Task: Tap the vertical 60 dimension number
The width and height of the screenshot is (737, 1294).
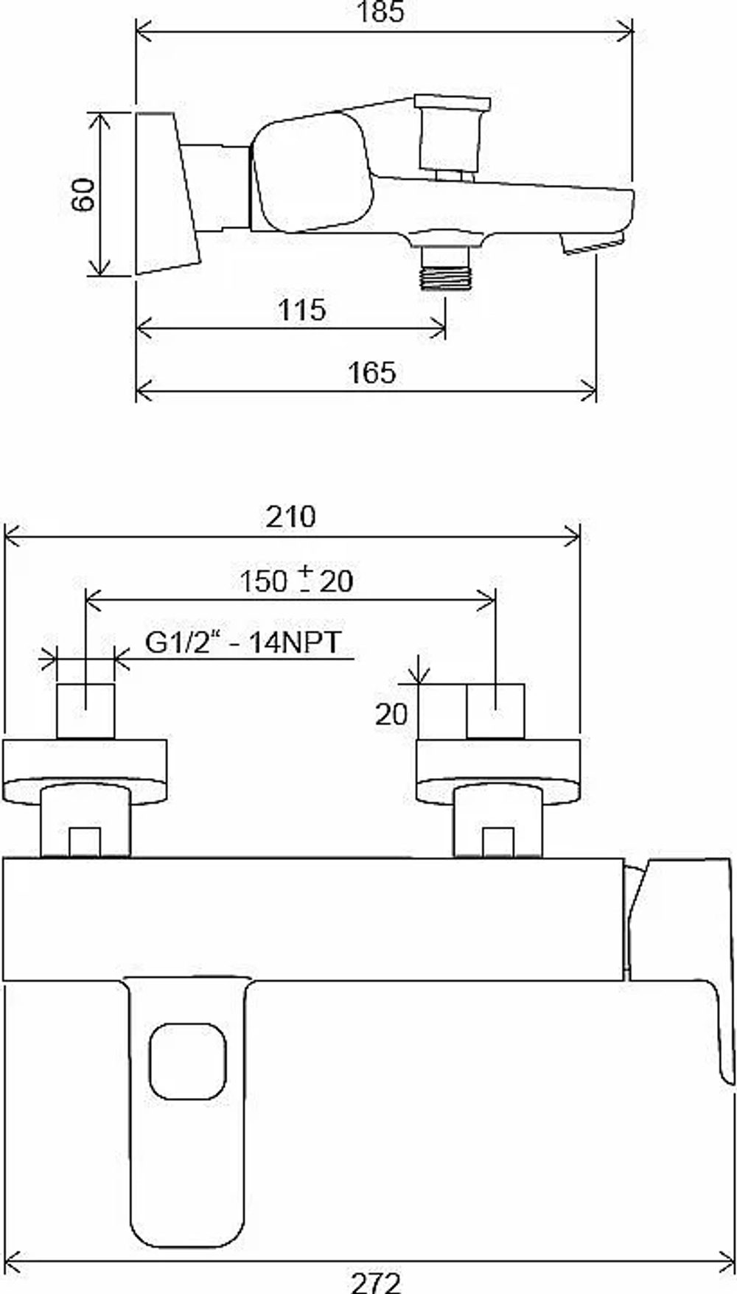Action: point(83,195)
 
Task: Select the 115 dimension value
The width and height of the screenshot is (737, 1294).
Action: point(302,310)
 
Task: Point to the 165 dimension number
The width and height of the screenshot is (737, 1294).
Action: point(372,373)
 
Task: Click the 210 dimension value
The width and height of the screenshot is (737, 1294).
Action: point(291,517)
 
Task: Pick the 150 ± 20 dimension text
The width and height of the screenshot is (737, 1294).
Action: point(296,581)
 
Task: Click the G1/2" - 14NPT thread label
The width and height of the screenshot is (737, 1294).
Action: point(243,643)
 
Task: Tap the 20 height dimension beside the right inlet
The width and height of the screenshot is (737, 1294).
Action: point(391,714)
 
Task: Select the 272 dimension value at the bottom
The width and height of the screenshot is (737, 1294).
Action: point(376,1283)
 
